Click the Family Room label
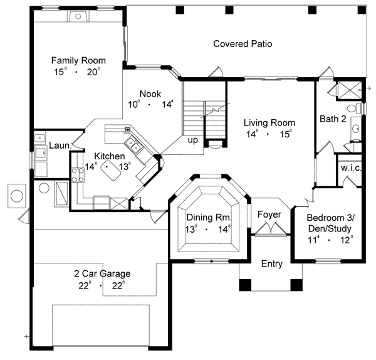pyautogui.click(x=78, y=60)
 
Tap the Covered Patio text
pyautogui.click(x=243, y=44)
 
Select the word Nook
pyautogui.click(x=150, y=94)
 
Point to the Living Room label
pyautogui.click(x=269, y=123)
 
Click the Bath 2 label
pyautogui.click(x=333, y=119)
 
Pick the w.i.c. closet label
pyautogui.click(x=351, y=168)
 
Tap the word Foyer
pyautogui.click(x=269, y=214)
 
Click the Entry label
pyautogui.click(x=272, y=264)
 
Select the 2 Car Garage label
pyautogui.click(x=102, y=273)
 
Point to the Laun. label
pyautogui.click(x=60, y=146)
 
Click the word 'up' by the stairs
pyautogui.click(x=193, y=140)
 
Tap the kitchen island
pyautogui.click(x=110, y=170)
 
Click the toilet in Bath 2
pyautogui.click(x=354, y=109)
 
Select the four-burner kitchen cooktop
pyautogui.click(x=78, y=175)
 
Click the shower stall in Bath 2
pyautogui.click(x=350, y=90)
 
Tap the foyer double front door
pyautogui.click(x=271, y=229)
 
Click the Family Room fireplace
pyautogui.click(x=78, y=16)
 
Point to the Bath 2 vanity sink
pyautogui.click(x=355, y=129)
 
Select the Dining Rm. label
pyautogui.click(x=209, y=218)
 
